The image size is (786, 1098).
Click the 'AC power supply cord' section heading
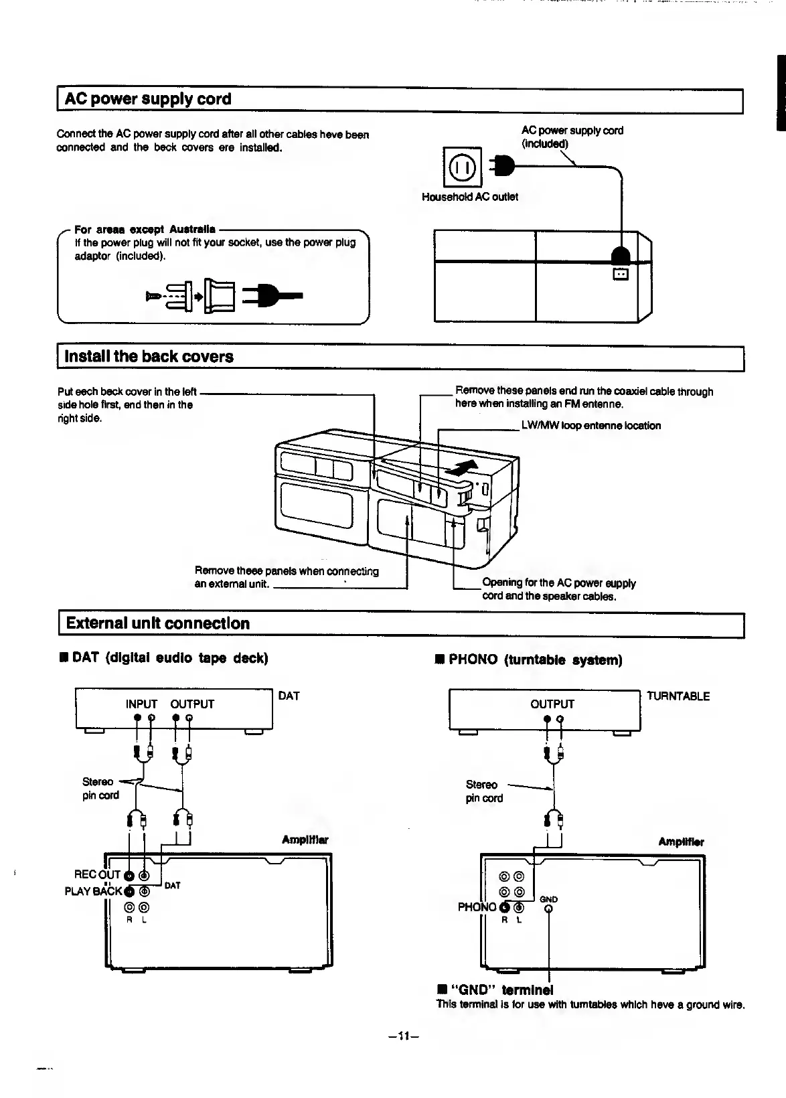148,99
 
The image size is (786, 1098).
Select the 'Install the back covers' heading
149,356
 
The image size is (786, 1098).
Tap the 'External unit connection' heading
157,623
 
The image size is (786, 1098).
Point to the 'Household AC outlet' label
469,197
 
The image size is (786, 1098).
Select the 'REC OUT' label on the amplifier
98,874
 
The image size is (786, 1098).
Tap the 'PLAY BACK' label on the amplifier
94,891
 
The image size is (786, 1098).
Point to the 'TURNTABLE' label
678,696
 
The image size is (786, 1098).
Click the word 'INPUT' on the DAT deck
141,704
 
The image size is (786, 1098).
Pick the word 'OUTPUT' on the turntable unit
552,704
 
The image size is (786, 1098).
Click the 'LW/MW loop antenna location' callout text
591,426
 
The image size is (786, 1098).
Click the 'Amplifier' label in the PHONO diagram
681,842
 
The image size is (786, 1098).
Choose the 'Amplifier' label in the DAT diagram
305,840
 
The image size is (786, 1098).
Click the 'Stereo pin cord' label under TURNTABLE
483,791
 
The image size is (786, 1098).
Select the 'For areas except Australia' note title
145,229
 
